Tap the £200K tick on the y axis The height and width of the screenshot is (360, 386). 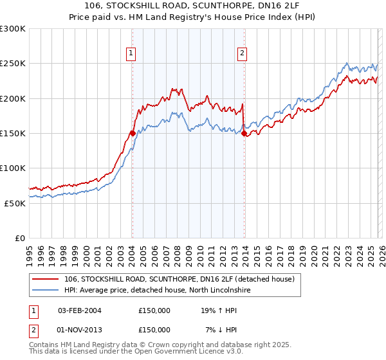(13, 98)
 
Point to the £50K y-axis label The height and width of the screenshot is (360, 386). (15, 203)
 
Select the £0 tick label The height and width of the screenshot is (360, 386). (21, 238)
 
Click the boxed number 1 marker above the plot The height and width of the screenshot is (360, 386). (131, 53)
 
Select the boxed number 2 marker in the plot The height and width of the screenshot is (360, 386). (243, 53)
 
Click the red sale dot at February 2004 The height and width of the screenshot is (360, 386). (132, 134)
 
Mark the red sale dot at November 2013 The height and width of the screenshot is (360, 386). (244, 134)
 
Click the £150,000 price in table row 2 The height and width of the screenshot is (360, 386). (154, 329)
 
